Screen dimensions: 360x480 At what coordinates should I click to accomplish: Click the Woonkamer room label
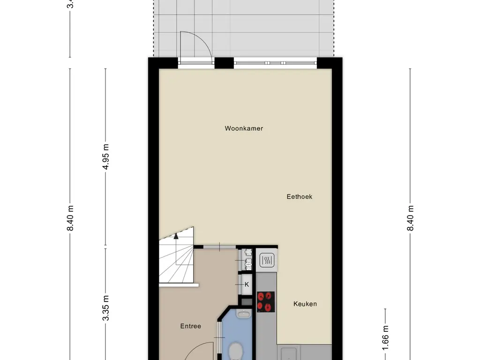point(244,128)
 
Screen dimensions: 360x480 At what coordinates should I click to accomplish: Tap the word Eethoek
point(300,197)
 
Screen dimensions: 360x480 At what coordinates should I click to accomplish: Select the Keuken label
point(305,304)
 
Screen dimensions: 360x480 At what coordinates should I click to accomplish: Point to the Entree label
point(191,326)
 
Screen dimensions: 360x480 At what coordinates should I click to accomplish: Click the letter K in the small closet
point(247,284)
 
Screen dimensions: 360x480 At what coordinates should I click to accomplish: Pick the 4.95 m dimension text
point(106,157)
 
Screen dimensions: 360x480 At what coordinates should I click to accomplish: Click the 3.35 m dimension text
point(106,307)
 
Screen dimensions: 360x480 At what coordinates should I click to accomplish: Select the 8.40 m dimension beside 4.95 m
point(71,218)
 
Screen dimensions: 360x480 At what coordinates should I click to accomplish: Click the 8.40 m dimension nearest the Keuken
point(411,218)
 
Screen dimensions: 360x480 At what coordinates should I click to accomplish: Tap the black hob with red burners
point(266,301)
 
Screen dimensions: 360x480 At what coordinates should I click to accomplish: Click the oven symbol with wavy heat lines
point(266,260)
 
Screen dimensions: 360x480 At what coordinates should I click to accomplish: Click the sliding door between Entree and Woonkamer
point(219,247)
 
